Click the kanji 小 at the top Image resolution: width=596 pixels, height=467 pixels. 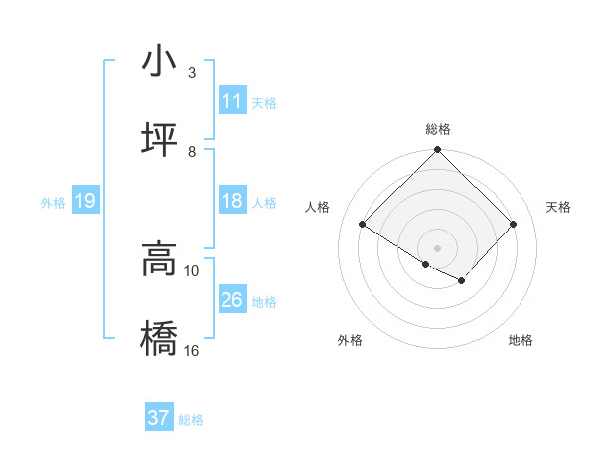pyautogui.click(x=158, y=62)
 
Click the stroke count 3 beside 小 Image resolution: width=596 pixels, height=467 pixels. pyautogui.click(x=192, y=73)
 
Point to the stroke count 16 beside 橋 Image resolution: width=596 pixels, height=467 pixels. pyautogui.click(x=193, y=350)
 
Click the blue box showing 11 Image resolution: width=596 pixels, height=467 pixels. pyautogui.click(x=232, y=101)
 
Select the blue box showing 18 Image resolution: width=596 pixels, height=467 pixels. pyautogui.click(x=232, y=201)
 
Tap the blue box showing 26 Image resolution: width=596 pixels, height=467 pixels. pyautogui.click(x=232, y=300)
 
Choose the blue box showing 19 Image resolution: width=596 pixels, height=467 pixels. pyautogui.click(x=84, y=202)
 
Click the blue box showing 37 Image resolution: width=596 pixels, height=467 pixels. pyautogui.click(x=159, y=418)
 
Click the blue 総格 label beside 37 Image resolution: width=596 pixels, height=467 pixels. pyautogui.click(x=191, y=420)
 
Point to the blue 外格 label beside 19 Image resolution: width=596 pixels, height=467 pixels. pyautogui.click(x=53, y=203)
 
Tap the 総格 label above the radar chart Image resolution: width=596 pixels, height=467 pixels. pyautogui.click(x=438, y=130)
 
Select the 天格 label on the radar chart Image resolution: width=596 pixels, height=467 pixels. pyautogui.click(x=559, y=207)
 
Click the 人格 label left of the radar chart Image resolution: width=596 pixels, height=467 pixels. pyautogui.click(x=318, y=207)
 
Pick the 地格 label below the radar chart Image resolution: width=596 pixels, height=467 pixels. pyautogui.click(x=521, y=340)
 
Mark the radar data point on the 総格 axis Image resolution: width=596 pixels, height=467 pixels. pyautogui.click(x=438, y=151)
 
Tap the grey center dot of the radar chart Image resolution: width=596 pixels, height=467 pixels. pyautogui.click(x=438, y=247)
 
